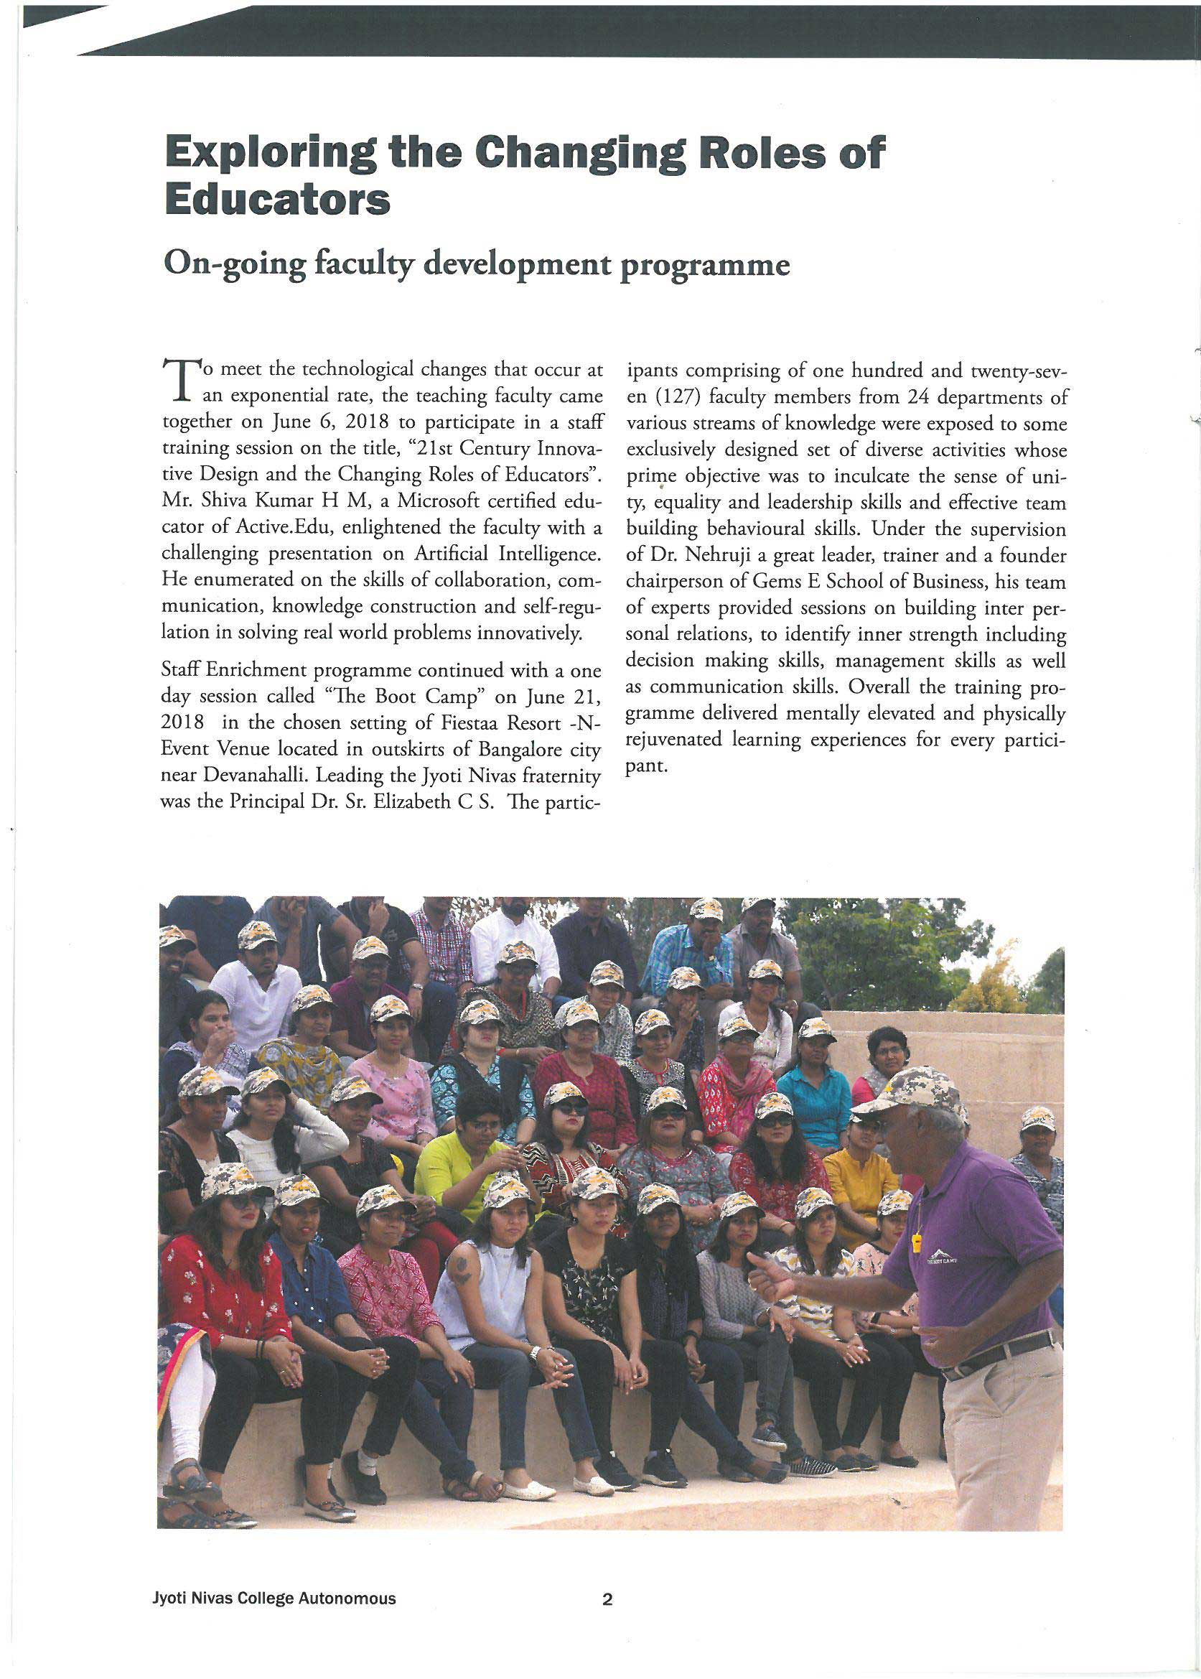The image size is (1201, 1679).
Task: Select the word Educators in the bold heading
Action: pos(277,199)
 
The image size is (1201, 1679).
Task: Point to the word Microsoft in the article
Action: pos(439,501)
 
